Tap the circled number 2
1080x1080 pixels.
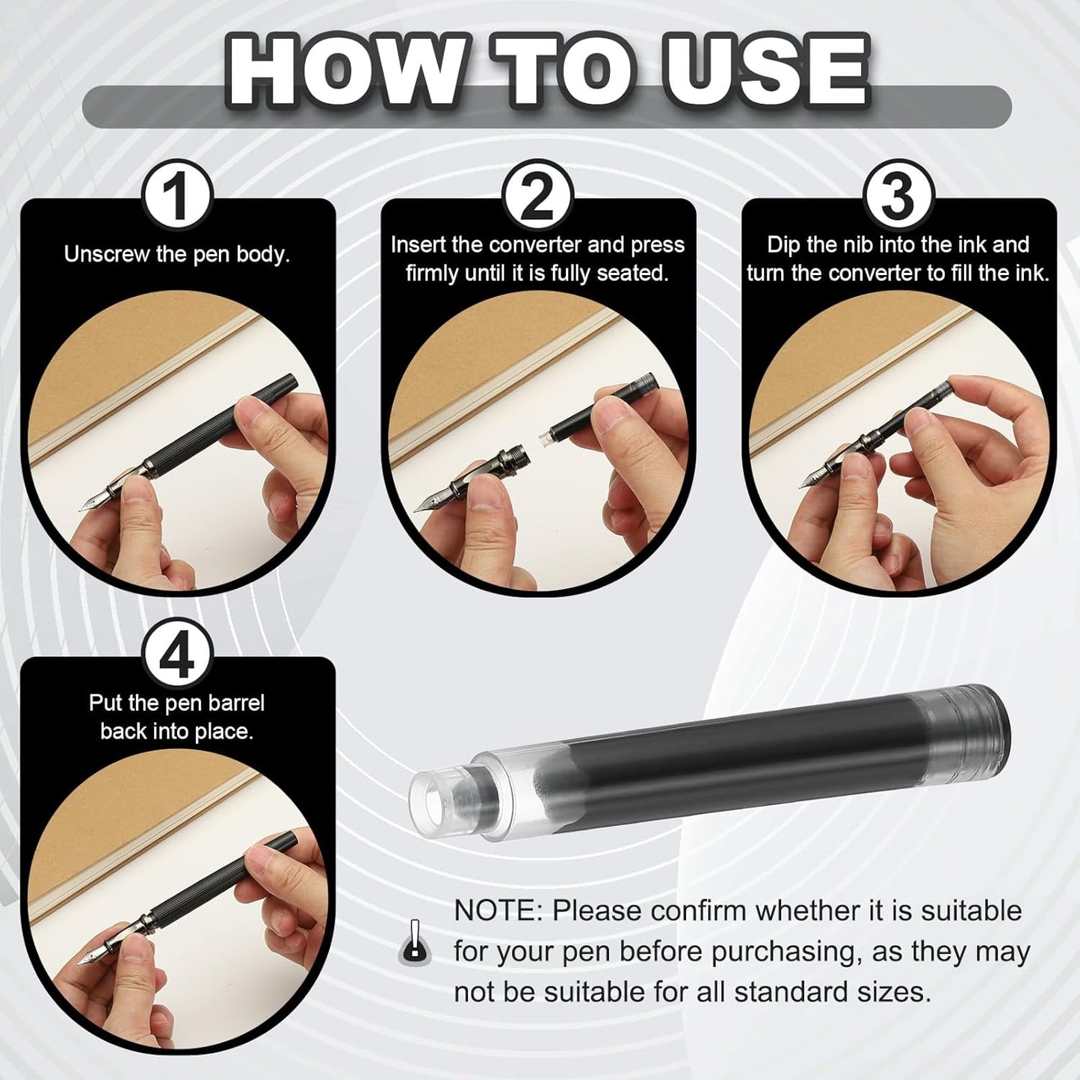coord(539,198)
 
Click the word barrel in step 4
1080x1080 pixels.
coord(235,703)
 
